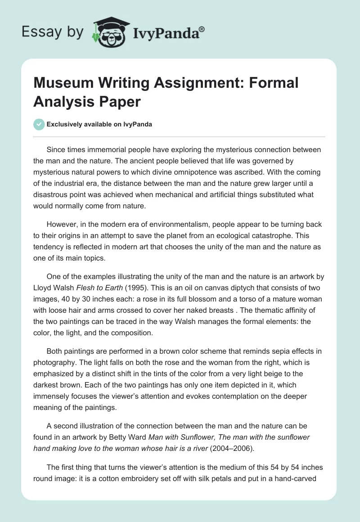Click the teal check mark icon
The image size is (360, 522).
39,124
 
